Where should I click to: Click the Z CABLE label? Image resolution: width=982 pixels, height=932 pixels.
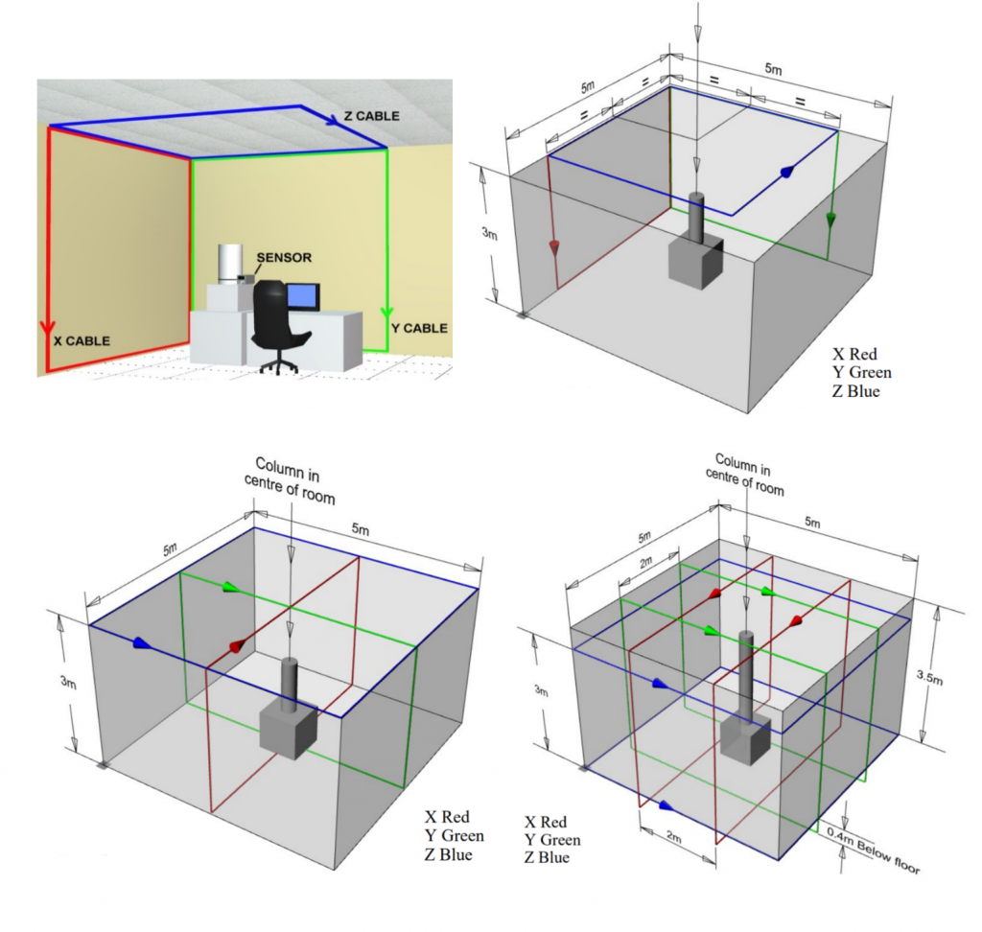tap(372, 116)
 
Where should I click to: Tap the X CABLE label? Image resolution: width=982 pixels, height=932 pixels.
tap(82, 340)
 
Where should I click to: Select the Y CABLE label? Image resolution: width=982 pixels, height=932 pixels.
tap(419, 328)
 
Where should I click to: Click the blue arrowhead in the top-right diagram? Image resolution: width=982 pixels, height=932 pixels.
tap(787, 173)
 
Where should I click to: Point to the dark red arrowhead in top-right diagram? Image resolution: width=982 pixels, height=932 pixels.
tap(554, 248)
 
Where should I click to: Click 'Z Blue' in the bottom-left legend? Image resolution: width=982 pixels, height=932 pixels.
tap(448, 854)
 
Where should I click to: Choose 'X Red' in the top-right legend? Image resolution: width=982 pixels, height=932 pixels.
tap(855, 354)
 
